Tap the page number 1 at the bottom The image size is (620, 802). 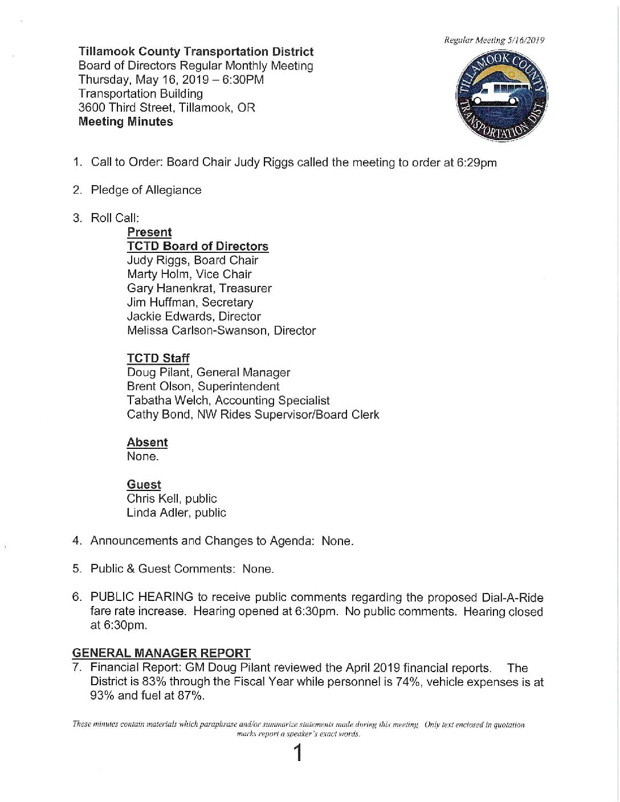click(297, 754)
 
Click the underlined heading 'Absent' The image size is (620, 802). click(147, 443)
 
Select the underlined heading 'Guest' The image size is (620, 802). click(144, 485)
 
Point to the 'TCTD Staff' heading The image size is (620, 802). click(158, 358)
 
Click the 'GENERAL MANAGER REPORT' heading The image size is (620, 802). click(161, 653)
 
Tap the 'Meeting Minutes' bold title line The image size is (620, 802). click(125, 122)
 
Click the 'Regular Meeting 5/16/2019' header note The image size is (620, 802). click(494, 40)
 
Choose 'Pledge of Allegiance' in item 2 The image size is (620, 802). click(146, 190)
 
